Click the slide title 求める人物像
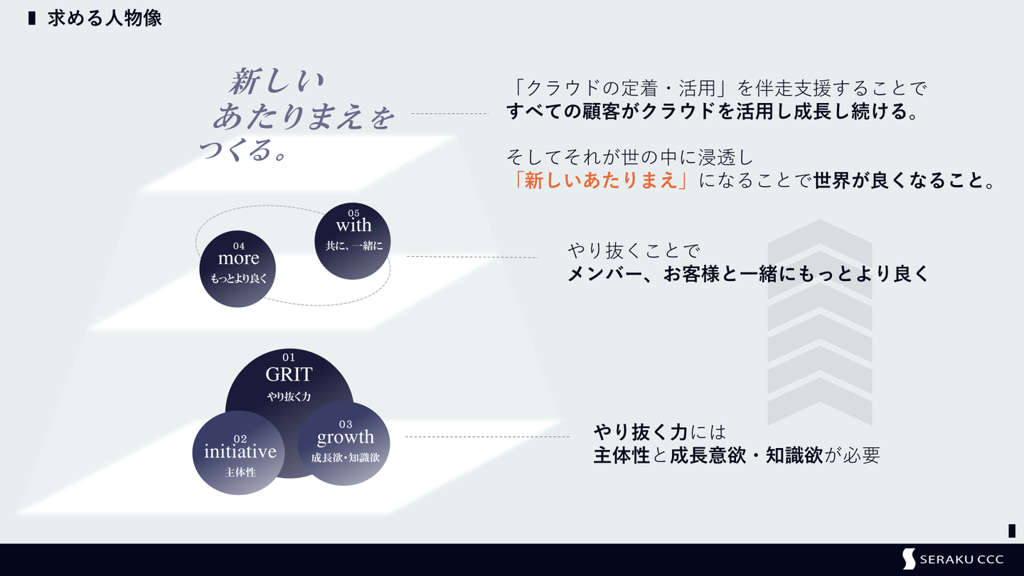[x=105, y=18]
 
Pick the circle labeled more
[x=238, y=268]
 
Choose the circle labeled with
[x=353, y=240]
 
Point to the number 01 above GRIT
[x=289, y=358]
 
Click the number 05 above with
[x=353, y=213]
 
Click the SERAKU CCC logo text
[x=961, y=560]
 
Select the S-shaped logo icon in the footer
[x=909, y=559]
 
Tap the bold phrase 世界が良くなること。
[x=904, y=181]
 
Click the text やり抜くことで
[x=634, y=250]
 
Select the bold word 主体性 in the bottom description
[x=622, y=455]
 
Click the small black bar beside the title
[x=32, y=18]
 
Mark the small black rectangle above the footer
[x=1011, y=530]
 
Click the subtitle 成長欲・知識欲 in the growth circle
[x=345, y=458]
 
